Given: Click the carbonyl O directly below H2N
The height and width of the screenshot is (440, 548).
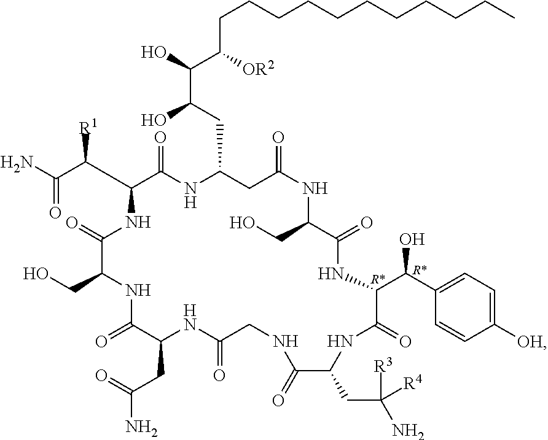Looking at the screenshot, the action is [x=55, y=214].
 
